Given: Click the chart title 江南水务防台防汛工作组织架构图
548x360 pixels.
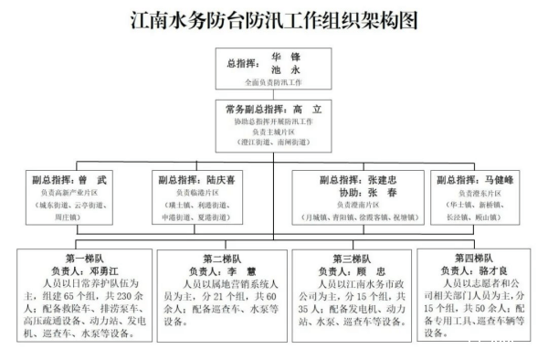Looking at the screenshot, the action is click(274, 19).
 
